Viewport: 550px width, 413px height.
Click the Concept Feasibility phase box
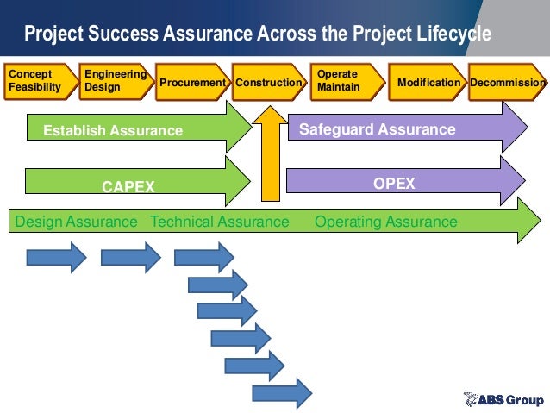tap(37, 81)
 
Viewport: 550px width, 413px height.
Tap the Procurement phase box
tap(192, 82)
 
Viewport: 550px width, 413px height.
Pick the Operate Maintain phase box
tap(345, 81)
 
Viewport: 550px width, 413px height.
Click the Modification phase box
tap(427, 82)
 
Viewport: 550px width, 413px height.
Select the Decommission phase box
tap(508, 82)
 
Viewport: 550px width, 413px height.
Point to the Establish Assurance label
tap(114, 131)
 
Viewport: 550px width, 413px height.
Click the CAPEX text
tap(128, 185)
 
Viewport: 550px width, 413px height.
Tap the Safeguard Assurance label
tap(377, 130)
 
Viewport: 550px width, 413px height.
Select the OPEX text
tap(394, 184)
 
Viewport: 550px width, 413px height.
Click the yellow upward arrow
tap(271, 151)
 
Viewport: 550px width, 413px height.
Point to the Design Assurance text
tap(77, 222)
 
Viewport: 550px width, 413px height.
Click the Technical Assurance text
tap(220, 222)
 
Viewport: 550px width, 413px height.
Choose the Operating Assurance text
tap(386, 222)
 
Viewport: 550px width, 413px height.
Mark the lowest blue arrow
tap(281, 393)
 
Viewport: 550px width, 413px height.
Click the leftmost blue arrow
tap(56, 257)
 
